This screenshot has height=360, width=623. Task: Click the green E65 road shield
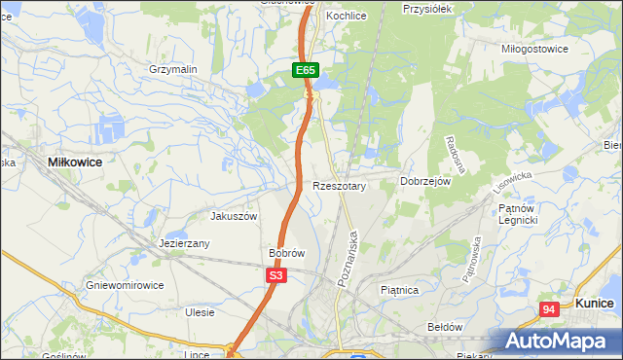(306, 70)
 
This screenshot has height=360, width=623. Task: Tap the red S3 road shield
(276, 275)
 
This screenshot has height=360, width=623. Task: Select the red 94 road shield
(550, 309)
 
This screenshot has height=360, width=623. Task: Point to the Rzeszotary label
(338, 185)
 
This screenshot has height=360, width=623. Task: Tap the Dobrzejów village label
(425, 182)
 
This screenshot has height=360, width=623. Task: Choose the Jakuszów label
(234, 216)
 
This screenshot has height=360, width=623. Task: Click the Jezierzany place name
(185, 244)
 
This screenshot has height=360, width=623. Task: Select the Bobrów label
(287, 253)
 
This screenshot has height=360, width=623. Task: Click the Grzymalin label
(173, 70)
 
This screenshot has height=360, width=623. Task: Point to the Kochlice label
(346, 17)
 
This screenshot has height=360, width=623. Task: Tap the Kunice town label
(594, 304)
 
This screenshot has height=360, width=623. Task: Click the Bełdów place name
(445, 327)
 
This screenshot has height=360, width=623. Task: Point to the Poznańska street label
(348, 257)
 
